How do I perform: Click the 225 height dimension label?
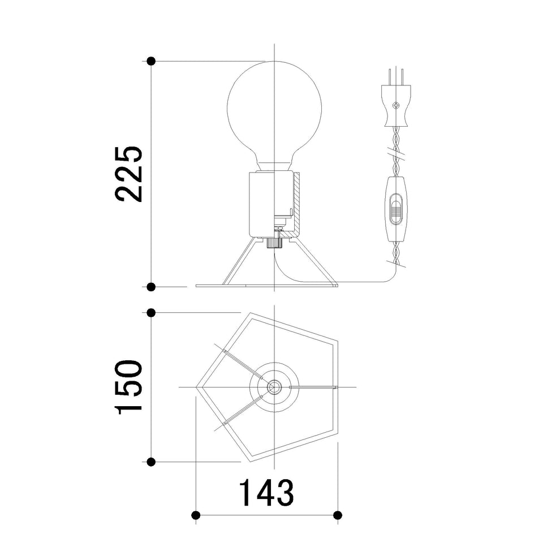pos(129,174)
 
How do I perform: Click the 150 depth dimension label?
pos(129,387)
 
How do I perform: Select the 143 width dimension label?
pos(266,493)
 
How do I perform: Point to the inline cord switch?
pos(396,209)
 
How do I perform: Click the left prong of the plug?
pos(390,76)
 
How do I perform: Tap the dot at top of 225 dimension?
pos(151,61)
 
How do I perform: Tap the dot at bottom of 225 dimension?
pos(151,287)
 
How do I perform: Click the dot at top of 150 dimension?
pos(151,313)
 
